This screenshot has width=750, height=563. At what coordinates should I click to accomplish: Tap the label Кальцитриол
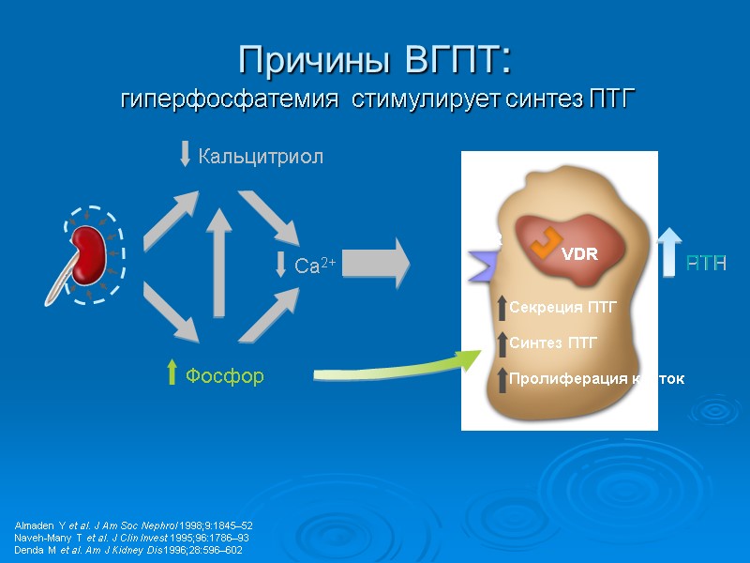tap(260, 157)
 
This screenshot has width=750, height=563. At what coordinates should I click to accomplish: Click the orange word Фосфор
tap(224, 376)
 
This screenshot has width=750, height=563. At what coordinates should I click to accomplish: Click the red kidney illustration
tap(92, 254)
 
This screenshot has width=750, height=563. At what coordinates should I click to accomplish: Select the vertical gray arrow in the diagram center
tap(218, 263)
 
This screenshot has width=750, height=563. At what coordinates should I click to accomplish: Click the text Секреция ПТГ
tap(562, 307)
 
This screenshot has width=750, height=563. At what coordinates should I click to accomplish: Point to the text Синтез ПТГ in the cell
tap(553, 343)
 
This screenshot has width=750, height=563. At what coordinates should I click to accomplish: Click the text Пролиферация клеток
tap(596, 379)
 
